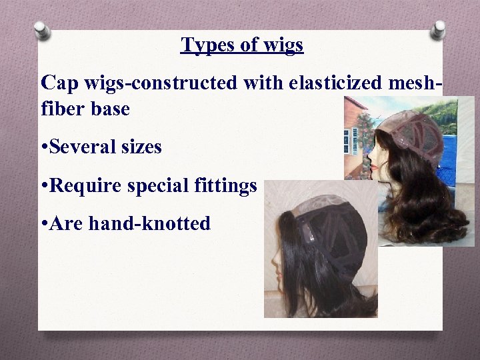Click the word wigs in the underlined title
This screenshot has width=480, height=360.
coord(283,45)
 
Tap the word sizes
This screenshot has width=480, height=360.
coord(142,147)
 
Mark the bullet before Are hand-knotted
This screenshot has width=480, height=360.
coord(43,224)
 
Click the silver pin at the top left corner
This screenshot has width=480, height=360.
coord(42,29)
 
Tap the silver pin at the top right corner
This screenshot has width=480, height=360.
coord(438,29)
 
